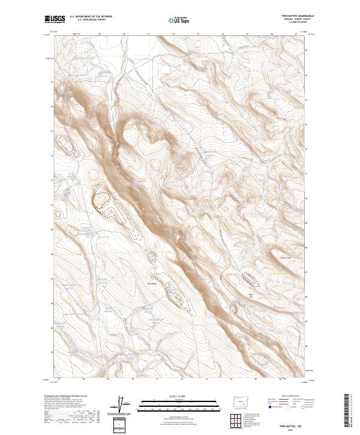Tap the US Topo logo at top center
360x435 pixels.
click(x=179, y=20)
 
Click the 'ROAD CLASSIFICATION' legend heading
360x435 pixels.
click(x=290, y=397)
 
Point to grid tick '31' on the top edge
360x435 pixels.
click(x=149, y=34)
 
